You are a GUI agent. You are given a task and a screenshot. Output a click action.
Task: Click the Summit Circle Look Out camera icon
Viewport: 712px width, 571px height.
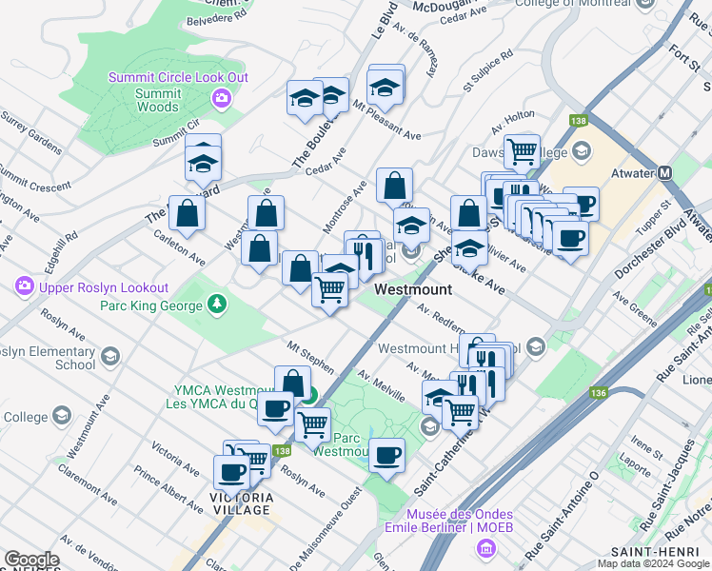coord(222,98)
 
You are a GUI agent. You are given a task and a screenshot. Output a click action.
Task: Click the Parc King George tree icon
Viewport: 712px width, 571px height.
coord(219,305)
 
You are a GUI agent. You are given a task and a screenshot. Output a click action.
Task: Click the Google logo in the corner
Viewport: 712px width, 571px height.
coord(31,561)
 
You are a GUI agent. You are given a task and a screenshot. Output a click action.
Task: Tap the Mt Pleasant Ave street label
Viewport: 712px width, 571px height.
coord(386,120)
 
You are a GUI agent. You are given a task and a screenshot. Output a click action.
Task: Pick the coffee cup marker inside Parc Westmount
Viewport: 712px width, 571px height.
coord(386,456)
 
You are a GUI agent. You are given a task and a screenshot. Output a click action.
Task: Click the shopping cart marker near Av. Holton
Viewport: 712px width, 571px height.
coord(522,150)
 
